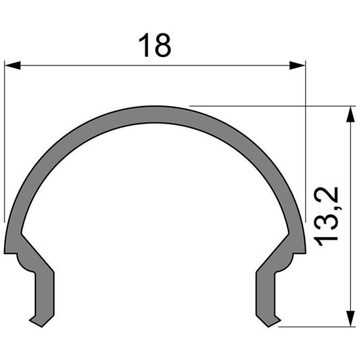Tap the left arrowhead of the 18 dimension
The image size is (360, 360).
pos(12,65)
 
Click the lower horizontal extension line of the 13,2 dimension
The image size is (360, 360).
pos(314,324)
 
